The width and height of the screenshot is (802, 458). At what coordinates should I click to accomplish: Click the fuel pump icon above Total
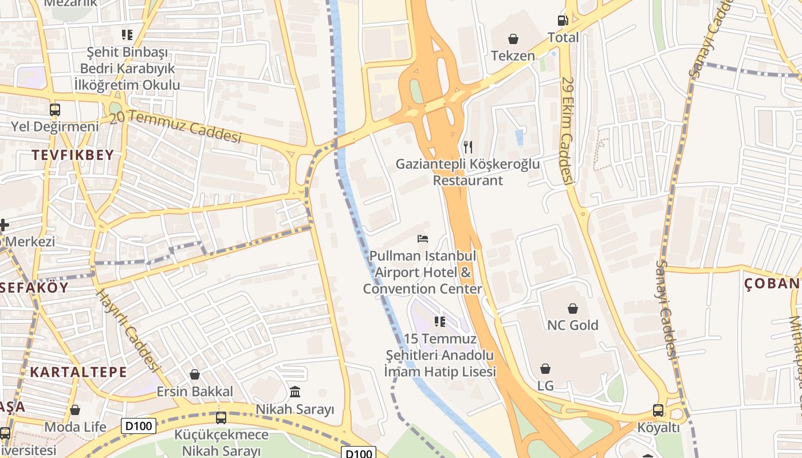(x=563, y=21)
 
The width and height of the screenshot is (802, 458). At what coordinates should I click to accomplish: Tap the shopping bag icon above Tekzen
(x=513, y=39)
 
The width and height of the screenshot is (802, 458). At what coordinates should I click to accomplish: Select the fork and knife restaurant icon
(x=468, y=147)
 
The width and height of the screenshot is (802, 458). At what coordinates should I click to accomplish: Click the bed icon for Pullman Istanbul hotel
(x=423, y=238)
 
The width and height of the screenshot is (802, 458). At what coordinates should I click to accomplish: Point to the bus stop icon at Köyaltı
(x=658, y=410)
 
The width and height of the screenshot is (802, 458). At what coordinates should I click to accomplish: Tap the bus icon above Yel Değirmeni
(x=55, y=109)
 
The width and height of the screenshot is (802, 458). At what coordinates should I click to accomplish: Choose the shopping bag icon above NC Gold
(x=572, y=309)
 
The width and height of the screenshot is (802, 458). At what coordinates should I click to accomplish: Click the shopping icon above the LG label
(x=545, y=369)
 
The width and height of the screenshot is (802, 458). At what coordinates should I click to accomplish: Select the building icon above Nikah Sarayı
(x=295, y=392)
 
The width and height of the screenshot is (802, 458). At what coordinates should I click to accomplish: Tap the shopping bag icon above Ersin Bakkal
(x=195, y=375)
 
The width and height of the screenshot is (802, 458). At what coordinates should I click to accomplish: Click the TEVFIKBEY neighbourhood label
(x=73, y=155)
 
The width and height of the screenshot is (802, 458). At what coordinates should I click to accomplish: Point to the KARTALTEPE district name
(x=78, y=372)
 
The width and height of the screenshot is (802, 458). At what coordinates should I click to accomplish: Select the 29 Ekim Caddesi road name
(x=567, y=131)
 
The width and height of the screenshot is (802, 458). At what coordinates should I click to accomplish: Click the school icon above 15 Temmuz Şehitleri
(x=440, y=322)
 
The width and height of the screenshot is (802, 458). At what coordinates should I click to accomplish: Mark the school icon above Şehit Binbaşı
(x=127, y=35)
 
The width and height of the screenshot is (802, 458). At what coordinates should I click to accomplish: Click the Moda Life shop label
(x=76, y=427)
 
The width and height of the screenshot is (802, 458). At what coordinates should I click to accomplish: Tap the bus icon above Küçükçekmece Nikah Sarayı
(x=221, y=418)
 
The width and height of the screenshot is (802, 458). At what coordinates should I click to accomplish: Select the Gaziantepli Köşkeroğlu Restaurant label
(x=467, y=172)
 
